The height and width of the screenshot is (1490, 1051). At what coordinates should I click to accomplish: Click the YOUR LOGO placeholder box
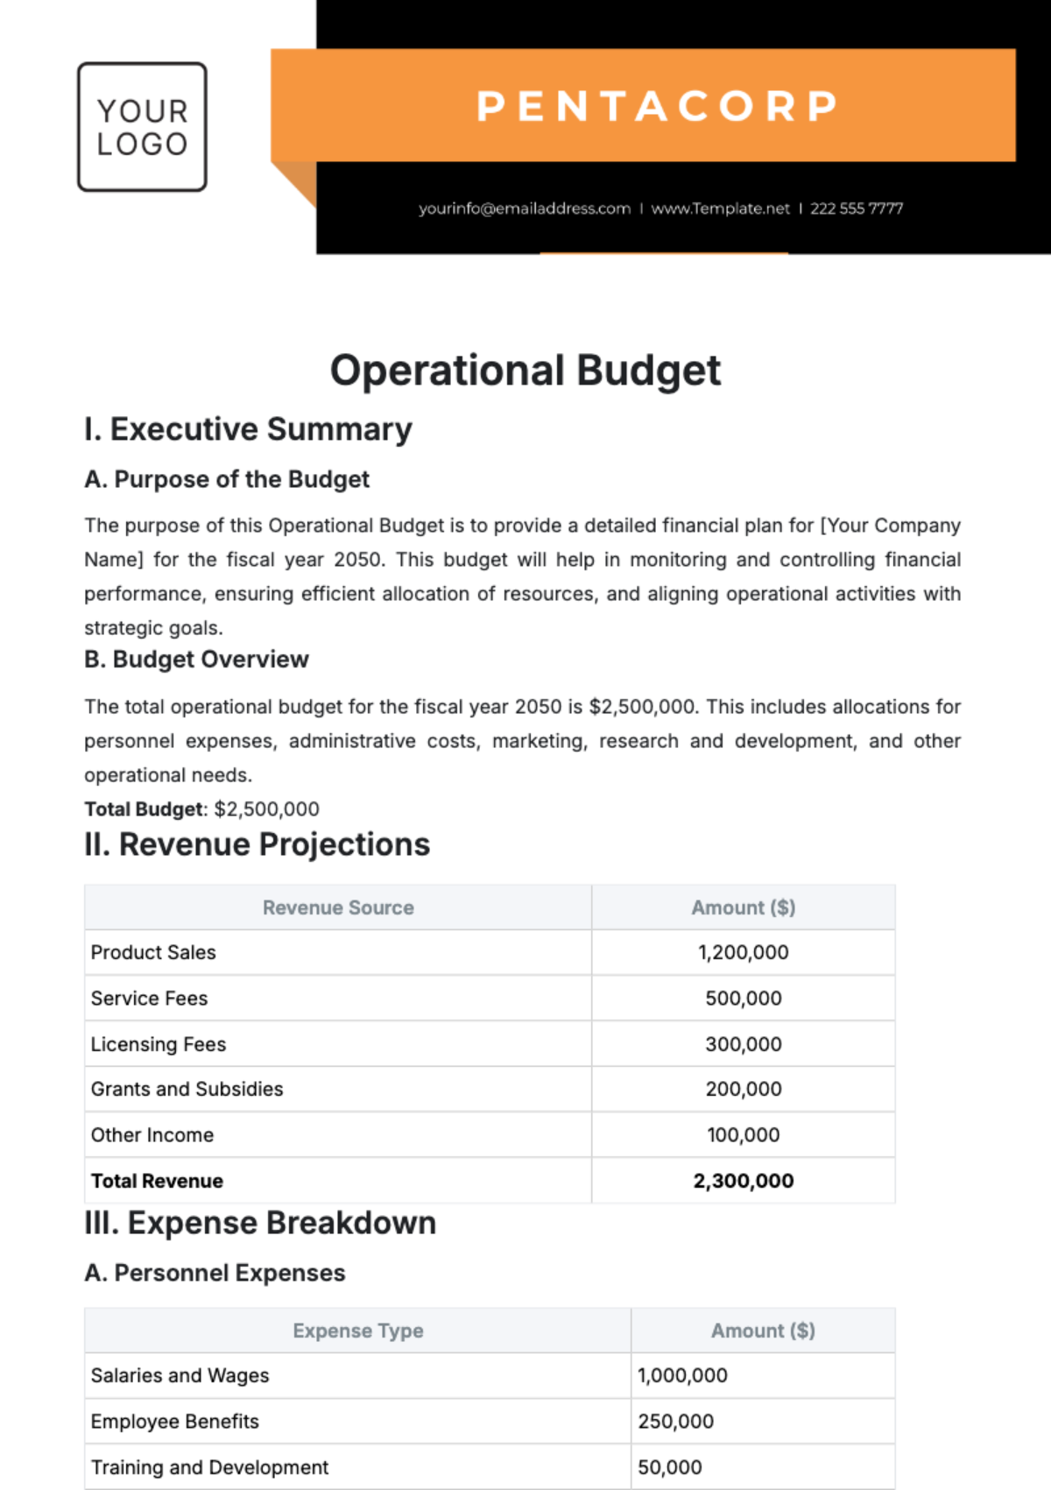(142, 127)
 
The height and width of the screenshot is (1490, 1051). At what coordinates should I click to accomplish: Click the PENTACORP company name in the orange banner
(657, 106)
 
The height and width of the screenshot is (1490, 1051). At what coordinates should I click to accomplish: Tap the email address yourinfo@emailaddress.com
(524, 208)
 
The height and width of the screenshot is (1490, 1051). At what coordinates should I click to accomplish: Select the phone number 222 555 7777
(856, 208)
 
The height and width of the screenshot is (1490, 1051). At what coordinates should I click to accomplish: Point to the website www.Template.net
(720, 208)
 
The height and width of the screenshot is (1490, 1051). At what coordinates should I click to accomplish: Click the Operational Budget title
(525, 370)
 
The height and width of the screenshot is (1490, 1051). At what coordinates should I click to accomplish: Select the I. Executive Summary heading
(248, 429)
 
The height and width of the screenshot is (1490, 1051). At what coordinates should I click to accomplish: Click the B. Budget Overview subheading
(196, 660)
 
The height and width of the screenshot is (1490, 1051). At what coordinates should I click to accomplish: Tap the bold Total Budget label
(144, 809)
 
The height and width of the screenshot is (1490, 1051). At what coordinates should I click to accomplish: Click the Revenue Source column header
(338, 907)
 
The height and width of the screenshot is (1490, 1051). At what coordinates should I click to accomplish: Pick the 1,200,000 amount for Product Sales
(743, 952)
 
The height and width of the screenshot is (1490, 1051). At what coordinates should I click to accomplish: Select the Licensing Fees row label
(159, 1044)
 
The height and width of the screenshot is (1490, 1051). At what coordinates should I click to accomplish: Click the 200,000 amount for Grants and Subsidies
(743, 1089)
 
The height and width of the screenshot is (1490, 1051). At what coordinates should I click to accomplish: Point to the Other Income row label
(152, 1135)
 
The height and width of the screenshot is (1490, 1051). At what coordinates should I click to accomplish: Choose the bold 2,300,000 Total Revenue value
(743, 1181)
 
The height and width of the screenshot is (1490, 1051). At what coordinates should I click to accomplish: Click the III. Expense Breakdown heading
(259, 1223)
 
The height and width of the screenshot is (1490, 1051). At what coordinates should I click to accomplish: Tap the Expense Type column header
(357, 1331)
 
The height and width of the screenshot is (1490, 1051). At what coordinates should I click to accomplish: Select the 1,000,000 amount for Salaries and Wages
(682, 1375)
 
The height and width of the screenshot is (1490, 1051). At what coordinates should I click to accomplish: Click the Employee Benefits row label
(175, 1422)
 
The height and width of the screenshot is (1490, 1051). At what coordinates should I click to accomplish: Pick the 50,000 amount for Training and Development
(669, 1467)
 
